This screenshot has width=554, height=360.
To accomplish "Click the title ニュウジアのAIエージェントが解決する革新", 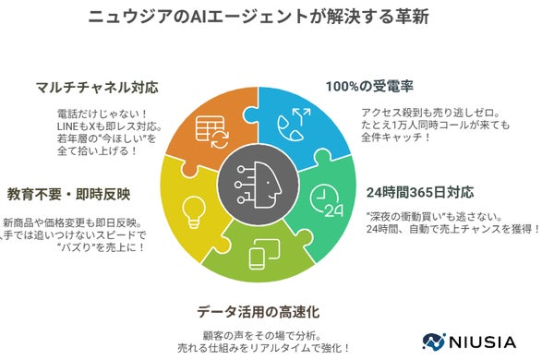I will pyautogui.click(x=277, y=17).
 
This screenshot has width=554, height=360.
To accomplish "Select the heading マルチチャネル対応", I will pyautogui.click(x=101, y=88).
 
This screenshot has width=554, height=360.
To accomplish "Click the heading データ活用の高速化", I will pyautogui.click(x=276, y=310).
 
